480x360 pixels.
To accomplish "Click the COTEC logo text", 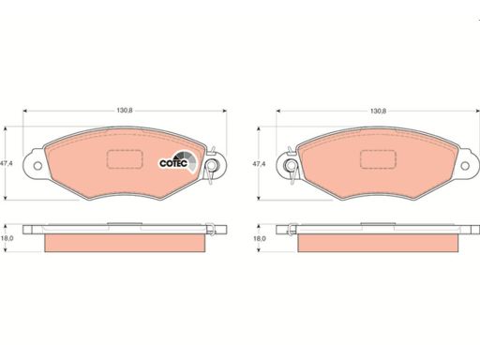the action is pyautogui.click(x=173, y=163).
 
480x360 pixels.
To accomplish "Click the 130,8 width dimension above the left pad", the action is pyautogui.click(x=125, y=111).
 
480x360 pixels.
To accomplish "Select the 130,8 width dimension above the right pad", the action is pyautogui.click(x=378, y=111).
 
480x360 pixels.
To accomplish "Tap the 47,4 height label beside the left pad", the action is pyautogui.click(x=7, y=163).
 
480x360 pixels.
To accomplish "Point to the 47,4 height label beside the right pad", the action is pyautogui.click(x=260, y=163).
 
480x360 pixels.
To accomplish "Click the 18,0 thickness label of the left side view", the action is pyautogui.click(x=7, y=238).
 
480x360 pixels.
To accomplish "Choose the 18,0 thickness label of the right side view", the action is pyautogui.click(x=260, y=238).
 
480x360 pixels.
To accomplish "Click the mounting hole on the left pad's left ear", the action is pyautogui.click(x=37, y=166).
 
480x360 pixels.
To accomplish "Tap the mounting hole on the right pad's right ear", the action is pyautogui.click(x=465, y=166).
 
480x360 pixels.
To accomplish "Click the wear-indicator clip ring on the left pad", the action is pyautogui.click(x=213, y=165).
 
